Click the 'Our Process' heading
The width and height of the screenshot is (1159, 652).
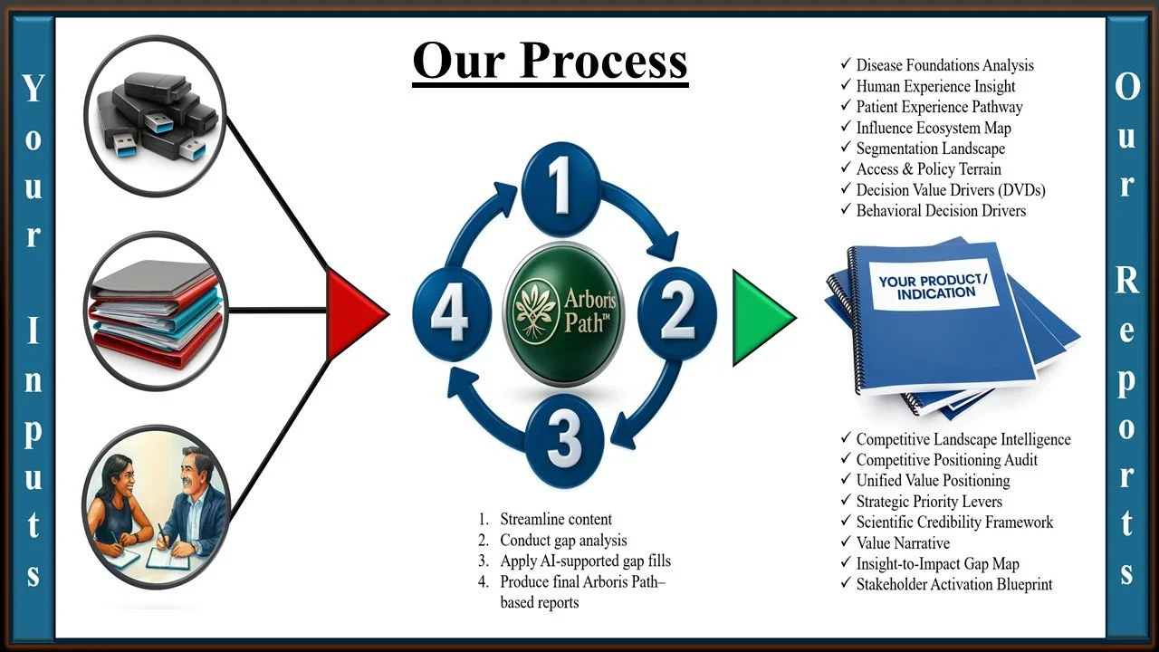[550, 61]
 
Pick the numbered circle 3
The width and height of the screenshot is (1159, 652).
[563, 440]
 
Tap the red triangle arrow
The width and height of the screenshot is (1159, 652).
[357, 312]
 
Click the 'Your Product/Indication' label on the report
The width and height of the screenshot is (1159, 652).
[932, 287]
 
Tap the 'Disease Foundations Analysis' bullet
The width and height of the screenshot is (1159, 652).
[944, 65]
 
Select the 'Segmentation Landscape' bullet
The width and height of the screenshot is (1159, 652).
[930, 149]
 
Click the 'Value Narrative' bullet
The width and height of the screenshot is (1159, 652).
[903, 543]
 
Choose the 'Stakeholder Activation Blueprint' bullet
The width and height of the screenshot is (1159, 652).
[953, 585]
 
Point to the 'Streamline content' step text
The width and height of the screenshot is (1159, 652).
[556, 520]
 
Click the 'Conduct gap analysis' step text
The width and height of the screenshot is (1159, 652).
[563, 541]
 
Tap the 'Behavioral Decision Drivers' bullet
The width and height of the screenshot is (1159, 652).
[941, 211]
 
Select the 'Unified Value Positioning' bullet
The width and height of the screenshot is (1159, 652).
[933, 481]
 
